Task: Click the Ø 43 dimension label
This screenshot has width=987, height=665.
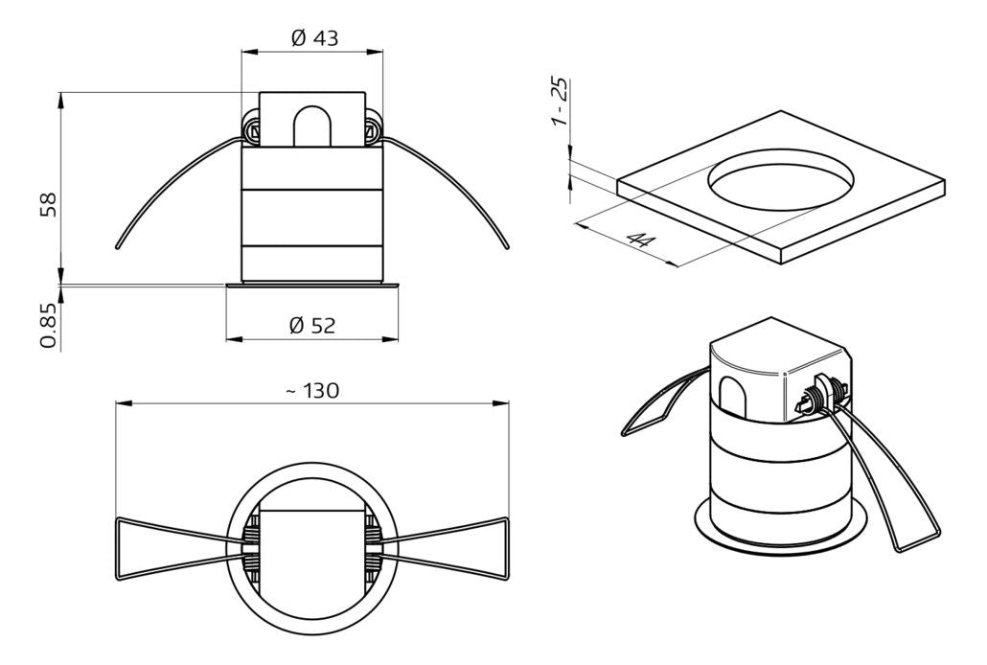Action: click(312, 38)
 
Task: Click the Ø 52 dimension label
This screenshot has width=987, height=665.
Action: click(312, 326)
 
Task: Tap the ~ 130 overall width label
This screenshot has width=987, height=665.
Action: click(312, 391)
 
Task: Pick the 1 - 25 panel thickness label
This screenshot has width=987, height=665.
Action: click(562, 103)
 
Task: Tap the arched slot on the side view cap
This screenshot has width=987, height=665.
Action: click(312, 125)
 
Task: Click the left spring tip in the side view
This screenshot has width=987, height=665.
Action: click(118, 246)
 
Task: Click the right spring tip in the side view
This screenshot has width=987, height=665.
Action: click(507, 246)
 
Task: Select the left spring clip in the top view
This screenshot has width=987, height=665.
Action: click(168, 549)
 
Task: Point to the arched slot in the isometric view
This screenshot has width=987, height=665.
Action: click(732, 396)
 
